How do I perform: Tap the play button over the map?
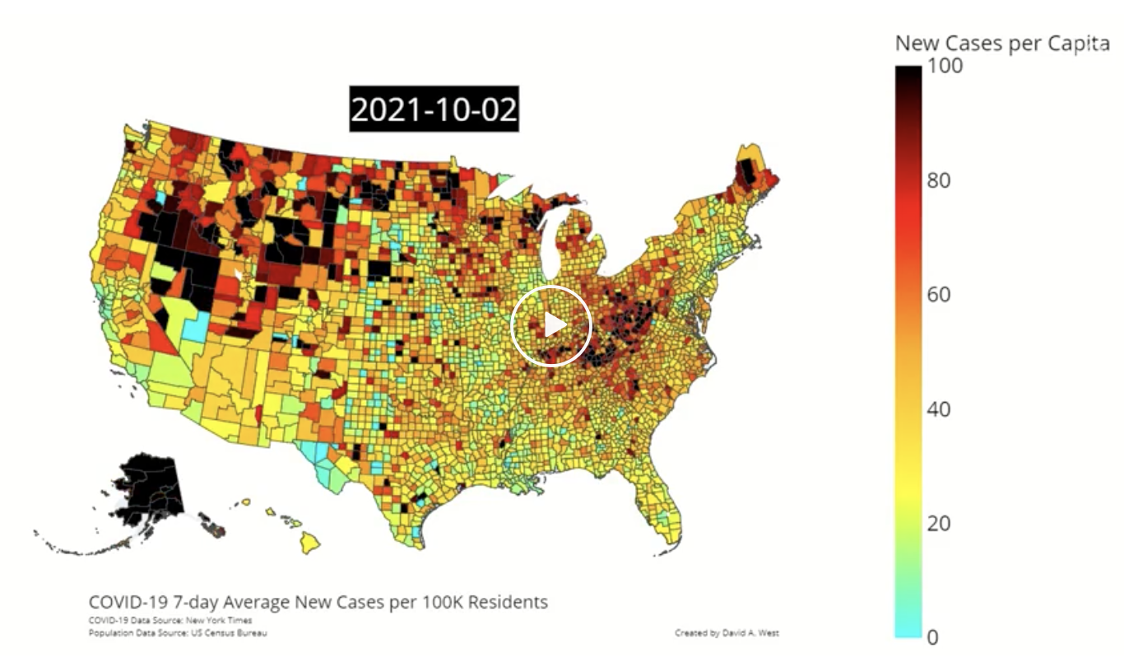tap(551, 326)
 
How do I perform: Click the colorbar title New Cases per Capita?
tap(1002, 44)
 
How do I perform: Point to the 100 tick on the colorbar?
tap(945, 66)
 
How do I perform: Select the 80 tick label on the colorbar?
tap(939, 180)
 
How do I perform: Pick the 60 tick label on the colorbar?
tap(939, 295)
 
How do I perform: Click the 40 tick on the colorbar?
tap(939, 409)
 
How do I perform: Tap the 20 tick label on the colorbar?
tap(939, 524)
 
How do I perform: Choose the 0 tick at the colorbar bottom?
tap(933, 637)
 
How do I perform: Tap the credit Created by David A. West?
tap(726, 632)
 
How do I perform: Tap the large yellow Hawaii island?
tap(309, 542)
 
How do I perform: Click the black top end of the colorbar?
tap(908, 78)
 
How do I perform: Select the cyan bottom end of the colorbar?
tap(908, 630)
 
